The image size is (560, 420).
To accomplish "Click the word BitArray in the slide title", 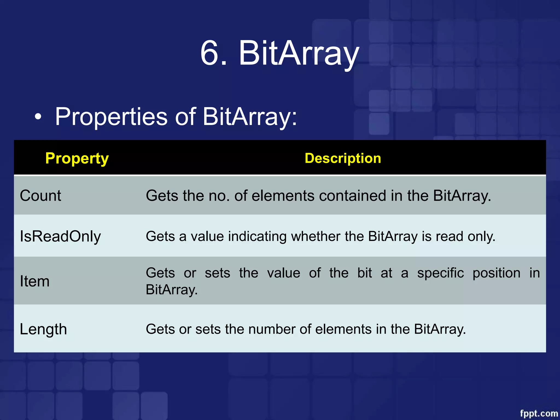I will tap(299, 53).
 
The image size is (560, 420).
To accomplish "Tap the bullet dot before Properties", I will tap(38, 117).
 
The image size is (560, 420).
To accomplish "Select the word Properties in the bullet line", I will tap(111, 117).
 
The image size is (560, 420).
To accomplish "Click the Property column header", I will tap(77, 158).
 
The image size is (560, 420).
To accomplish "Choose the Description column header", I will tap(343, 158).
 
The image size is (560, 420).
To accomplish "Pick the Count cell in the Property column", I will tap(40, 196).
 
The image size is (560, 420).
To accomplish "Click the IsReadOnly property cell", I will tap(60, 236).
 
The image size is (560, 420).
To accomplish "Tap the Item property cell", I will tap(35, 281).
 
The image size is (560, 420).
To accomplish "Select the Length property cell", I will tap(43, 329).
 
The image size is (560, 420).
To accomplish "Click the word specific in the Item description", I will tap(440, 273).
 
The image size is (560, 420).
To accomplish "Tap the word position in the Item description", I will tap(496, 273).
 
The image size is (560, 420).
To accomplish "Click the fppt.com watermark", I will tap(538, 413).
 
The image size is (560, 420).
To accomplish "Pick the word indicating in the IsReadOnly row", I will tap(257, 236).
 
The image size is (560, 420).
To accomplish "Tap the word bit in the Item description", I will tap(364, 273).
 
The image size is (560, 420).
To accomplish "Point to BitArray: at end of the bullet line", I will tap(250, 117).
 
